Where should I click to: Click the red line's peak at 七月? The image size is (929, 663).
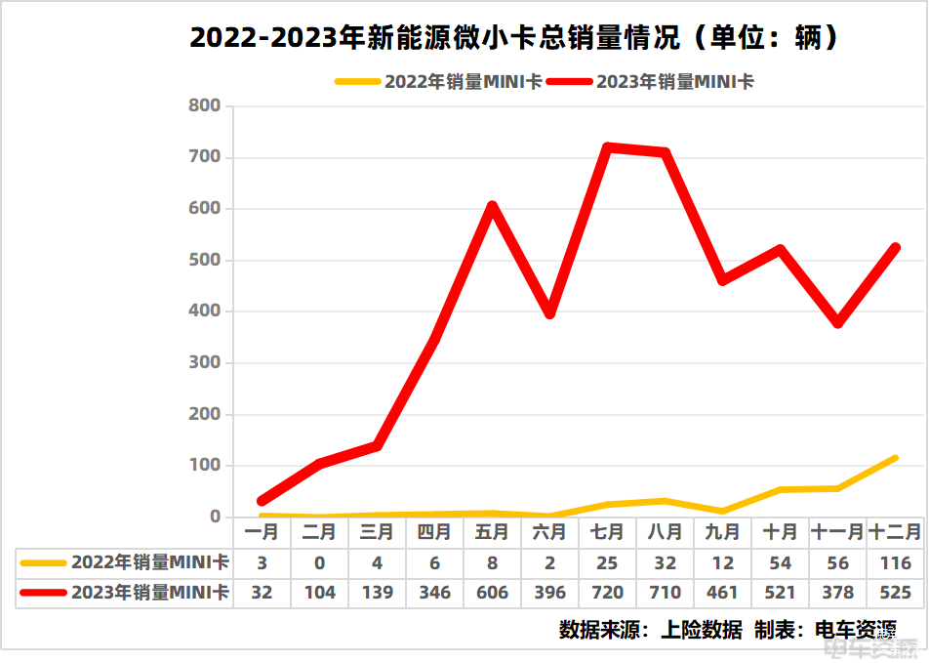click(607, 147)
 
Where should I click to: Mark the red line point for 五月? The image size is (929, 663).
click(493, 206)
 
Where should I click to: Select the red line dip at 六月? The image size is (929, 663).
click(550, 313)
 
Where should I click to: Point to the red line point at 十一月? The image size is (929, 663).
click(838, 322)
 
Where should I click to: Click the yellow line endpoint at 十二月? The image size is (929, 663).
click(895, 457)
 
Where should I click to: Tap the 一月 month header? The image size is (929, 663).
click(262, 532)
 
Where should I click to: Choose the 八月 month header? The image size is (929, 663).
click(665, 532)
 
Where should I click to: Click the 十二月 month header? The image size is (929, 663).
click(895, 532)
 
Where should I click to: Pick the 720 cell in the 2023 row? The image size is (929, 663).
click(607, 593)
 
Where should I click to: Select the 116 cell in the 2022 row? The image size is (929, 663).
click(895, 563)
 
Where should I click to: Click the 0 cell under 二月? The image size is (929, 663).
click(319, 563)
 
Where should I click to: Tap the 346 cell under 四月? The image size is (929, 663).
click(434, 593)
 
